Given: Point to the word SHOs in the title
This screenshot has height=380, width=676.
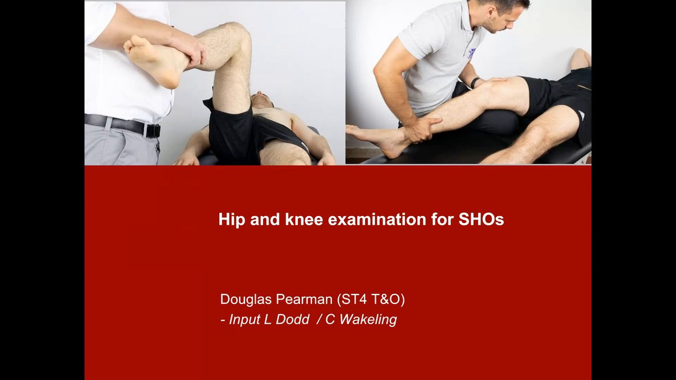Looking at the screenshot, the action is (481, 219).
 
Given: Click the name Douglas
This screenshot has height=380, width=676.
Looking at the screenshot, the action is (246, 299).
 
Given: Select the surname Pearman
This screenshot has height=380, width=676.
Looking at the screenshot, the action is (304, 299).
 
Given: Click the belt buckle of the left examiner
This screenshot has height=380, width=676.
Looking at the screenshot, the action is (153, 131).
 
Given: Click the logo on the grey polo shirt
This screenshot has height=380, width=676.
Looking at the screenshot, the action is (471, 53).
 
